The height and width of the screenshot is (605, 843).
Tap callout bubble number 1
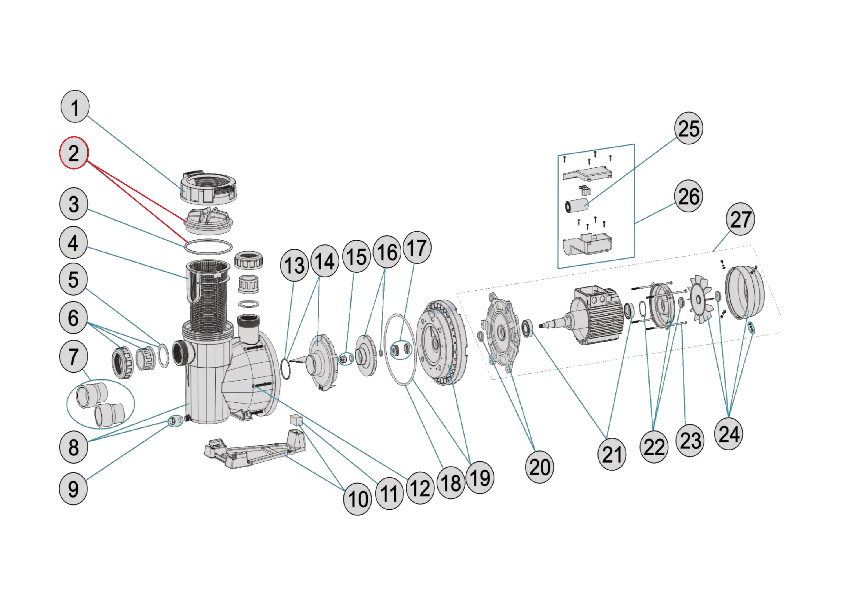point(75,107)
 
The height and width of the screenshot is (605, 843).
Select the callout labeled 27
point(740,219)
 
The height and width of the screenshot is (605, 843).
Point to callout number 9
point(73,489)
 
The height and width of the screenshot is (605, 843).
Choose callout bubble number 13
point(294,265)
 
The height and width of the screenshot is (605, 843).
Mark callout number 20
point(539,467)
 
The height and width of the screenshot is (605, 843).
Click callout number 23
point(690,441)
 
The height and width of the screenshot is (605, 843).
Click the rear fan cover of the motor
point(745,292)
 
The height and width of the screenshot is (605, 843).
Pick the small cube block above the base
point(296,419)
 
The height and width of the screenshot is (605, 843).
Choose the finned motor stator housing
point(598,316)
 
